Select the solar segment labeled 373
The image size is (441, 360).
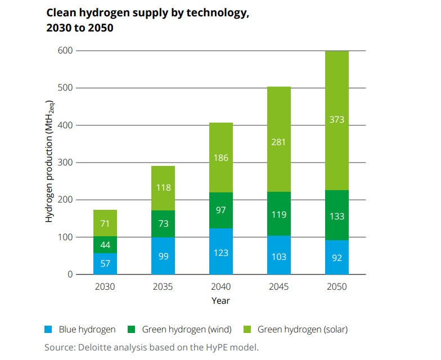[337, 120]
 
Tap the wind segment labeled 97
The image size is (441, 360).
[221, 210]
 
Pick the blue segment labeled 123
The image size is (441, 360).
[221, 252]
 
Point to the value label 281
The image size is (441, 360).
[279, 142]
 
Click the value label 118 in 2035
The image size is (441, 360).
[163, 188]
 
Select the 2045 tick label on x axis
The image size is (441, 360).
[279, 286]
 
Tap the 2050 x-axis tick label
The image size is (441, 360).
[337, 286]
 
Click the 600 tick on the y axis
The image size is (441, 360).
[66, 51]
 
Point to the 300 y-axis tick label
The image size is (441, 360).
[66, 163]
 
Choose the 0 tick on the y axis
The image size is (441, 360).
[70, 274]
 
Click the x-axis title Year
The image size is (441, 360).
[220, 300]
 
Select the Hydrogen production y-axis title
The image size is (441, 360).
[49, 162]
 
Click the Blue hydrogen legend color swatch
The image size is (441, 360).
[49, 330]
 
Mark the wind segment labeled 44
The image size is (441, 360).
[105, 245]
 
